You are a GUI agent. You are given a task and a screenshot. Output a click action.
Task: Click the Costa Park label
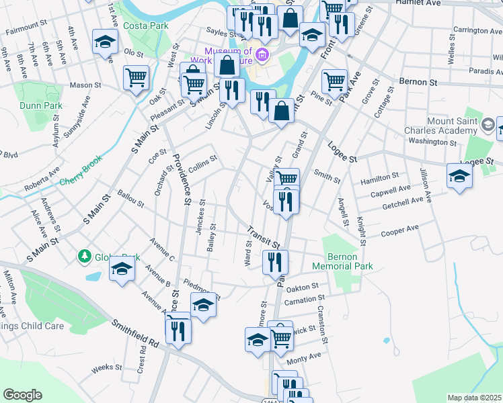pos(145,26)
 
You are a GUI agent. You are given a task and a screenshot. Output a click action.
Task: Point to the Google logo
pos(22,395)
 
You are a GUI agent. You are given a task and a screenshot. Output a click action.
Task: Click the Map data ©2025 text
pos(475,398)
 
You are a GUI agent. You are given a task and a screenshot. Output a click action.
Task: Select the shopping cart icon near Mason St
pos(136,77)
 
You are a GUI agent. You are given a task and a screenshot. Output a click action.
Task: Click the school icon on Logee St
pos(459,176)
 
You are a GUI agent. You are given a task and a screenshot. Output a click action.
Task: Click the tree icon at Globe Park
pos(85,256)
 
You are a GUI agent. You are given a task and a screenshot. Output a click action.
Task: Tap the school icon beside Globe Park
pos(121,269)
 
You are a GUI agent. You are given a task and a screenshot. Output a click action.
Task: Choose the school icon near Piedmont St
pos(203,305)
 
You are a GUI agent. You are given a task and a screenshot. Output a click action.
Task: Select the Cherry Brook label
pos(79,181)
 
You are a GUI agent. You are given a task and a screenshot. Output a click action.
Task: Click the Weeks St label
pos(106,367)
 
